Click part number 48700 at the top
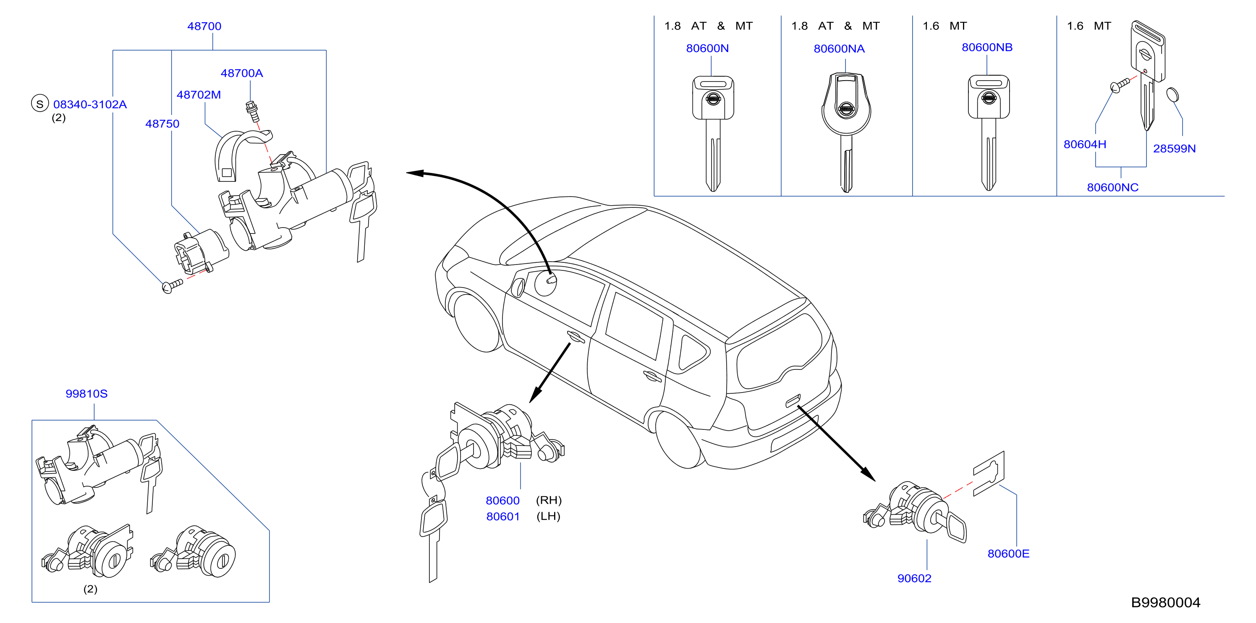click(x=204, y=26)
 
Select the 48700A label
click(x=242, y=73)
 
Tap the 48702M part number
click(x=199, y=94)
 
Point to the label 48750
click(x=162, y=124)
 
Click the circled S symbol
click(x=40, y=103)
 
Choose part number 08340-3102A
click(x=90, y=104)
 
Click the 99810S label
click(x=86, y=393)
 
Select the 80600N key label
click(x=707, y=48)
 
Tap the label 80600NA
click(x=839, y=49)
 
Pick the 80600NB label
click(x=987, y=47)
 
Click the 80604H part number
click(x=1085, y=144)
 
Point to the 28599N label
click(x=1175, y=149)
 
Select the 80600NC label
click(x=1113, y=188)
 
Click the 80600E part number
click(x=1008, y=554)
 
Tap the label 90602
click(x=914, y=578)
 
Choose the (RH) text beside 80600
click(x=549, y=500)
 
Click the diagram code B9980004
click(x=1165, y=602)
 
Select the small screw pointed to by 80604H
click(x=1120, y=85)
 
